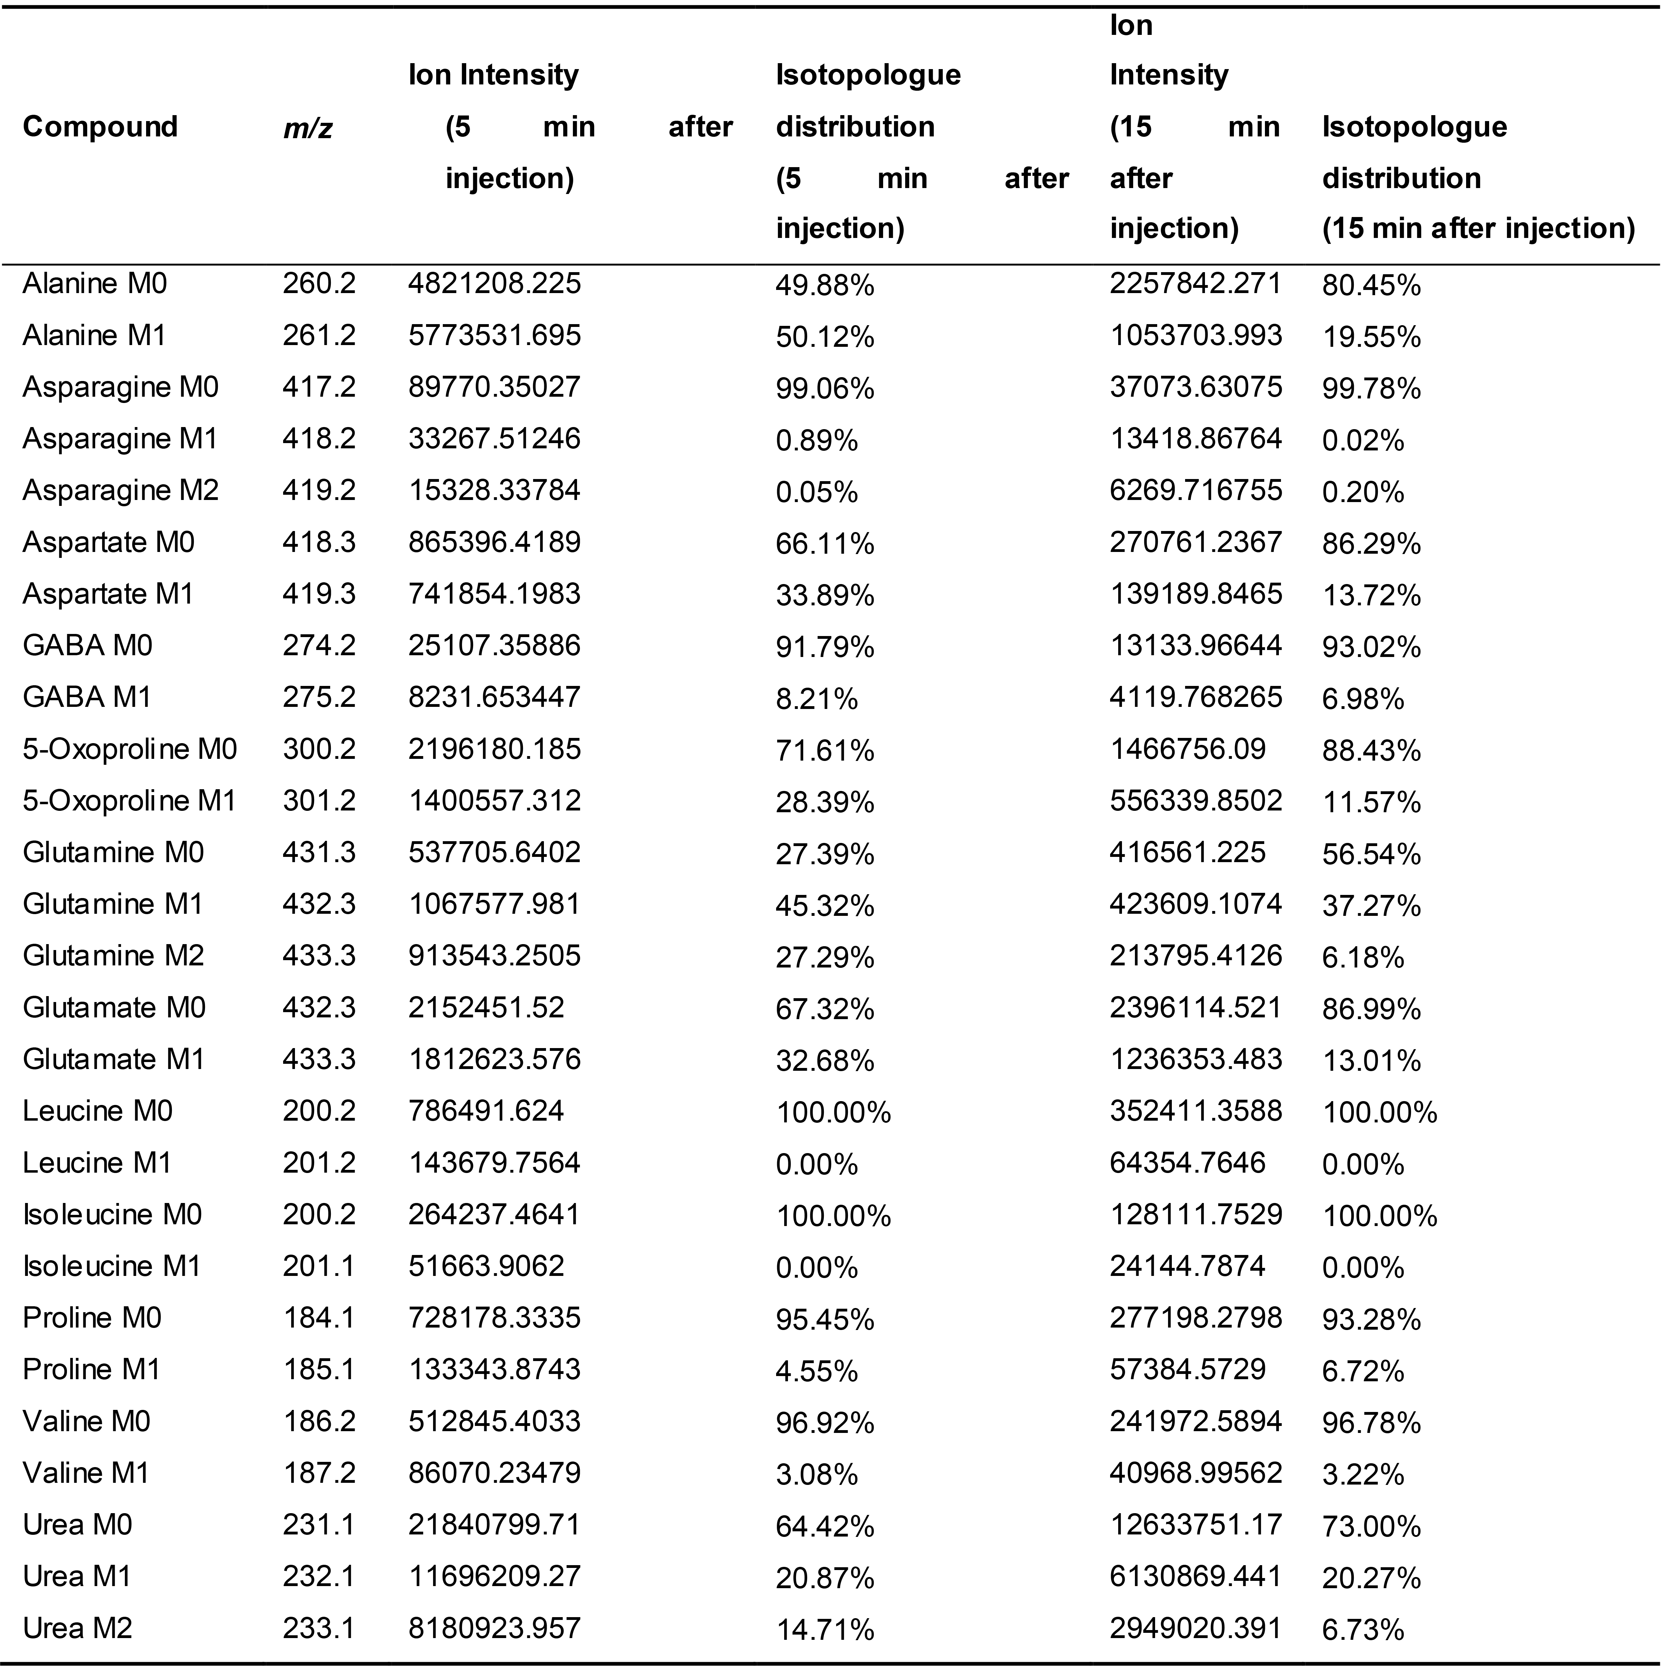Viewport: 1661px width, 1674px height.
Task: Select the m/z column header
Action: tap(308, 128)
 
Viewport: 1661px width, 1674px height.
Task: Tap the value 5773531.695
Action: tap(494, 335)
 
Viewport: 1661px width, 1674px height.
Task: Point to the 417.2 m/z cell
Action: tap(319, 387)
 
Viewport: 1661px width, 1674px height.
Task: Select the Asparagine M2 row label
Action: tap(120, 491)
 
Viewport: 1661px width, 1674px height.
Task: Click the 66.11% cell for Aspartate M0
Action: tap(825, 543)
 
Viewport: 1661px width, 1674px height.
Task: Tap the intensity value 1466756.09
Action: tap(1187, 749)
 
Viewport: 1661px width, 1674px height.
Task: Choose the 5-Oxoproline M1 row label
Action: tap(129, 801)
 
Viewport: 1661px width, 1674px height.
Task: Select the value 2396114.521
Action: tap(1196, 1007)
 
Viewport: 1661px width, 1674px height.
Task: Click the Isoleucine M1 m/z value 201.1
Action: tap(319, 1266)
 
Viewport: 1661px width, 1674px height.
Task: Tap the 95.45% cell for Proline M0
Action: tap(825, 1319)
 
